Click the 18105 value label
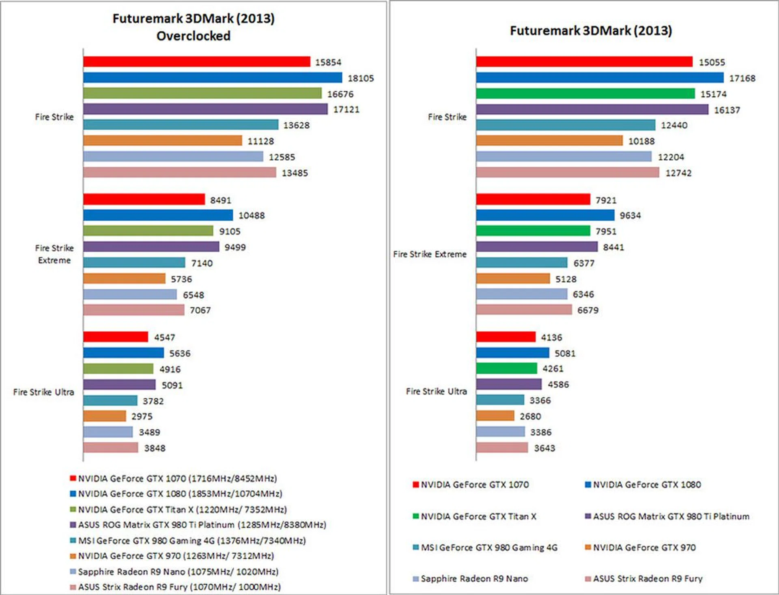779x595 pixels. (361, 78)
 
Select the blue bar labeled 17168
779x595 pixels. (599, 77)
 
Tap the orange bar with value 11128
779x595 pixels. (162, 141)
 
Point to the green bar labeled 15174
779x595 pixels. (585, 94)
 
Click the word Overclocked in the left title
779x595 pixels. (193, 36)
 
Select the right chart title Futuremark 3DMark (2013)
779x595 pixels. (591, 31)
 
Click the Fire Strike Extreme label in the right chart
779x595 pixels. (430, 254)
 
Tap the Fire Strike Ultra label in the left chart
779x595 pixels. (43, 392)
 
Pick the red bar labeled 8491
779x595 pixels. (144, 200)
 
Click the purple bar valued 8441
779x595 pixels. (536, 247)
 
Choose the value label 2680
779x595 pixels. (530, 417)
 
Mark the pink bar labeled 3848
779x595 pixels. (110, 448)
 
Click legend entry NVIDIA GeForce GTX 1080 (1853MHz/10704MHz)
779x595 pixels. (180, 494)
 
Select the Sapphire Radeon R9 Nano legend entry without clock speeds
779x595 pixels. (474, 579)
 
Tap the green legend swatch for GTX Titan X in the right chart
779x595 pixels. (415, 516)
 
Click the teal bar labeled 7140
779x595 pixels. (134, 263)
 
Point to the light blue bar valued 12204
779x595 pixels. (564, 157)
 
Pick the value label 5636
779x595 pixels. (180, 354)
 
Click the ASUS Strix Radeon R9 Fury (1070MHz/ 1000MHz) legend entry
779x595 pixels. (179, 587)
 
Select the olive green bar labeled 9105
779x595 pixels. (148, 231)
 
